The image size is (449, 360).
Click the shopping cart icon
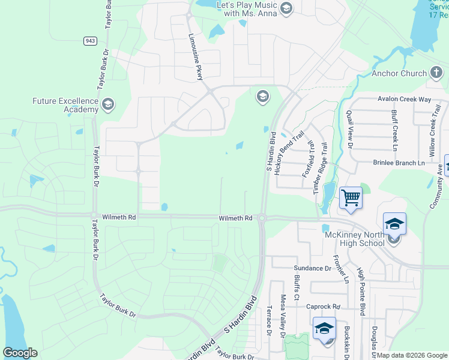pyautogui.click(x=351, y=197)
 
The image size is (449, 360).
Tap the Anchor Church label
pyautogui.click(x=399, y=74)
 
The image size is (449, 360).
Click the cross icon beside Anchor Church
pyautogui.click(x=437, y=74)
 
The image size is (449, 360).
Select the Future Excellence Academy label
pyautogui.click(x=65, y=105)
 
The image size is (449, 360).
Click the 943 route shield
pyautogui.click(x=90, y=41)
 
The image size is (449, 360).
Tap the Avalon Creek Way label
pyautogui.click(x=404, y=99)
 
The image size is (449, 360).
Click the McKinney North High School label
pyautogui.click(x=354, y=239)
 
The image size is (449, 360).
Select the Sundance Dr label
pyautogui.click(x=312, y=268)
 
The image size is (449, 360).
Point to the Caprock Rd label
pyautogui.click(x=323, y=306)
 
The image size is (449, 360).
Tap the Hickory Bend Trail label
pyautogui.click(x=286, y=154)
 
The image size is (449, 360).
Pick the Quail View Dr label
pyautogui.click(x=349, y=129)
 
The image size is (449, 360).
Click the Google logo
pyautogui.click(x=20, y=353)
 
